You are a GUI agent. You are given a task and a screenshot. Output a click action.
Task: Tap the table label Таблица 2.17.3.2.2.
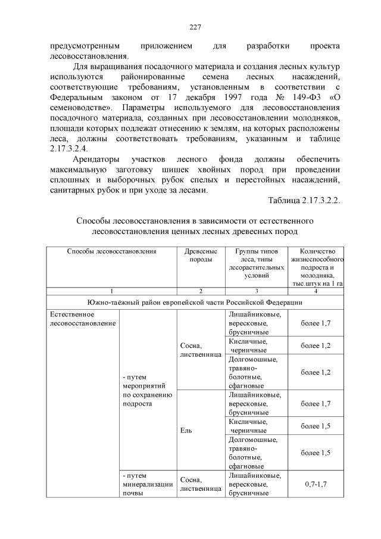click(x=304, y=202)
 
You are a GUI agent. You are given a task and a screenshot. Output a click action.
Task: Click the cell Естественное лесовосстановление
click(x=74, y=319)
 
